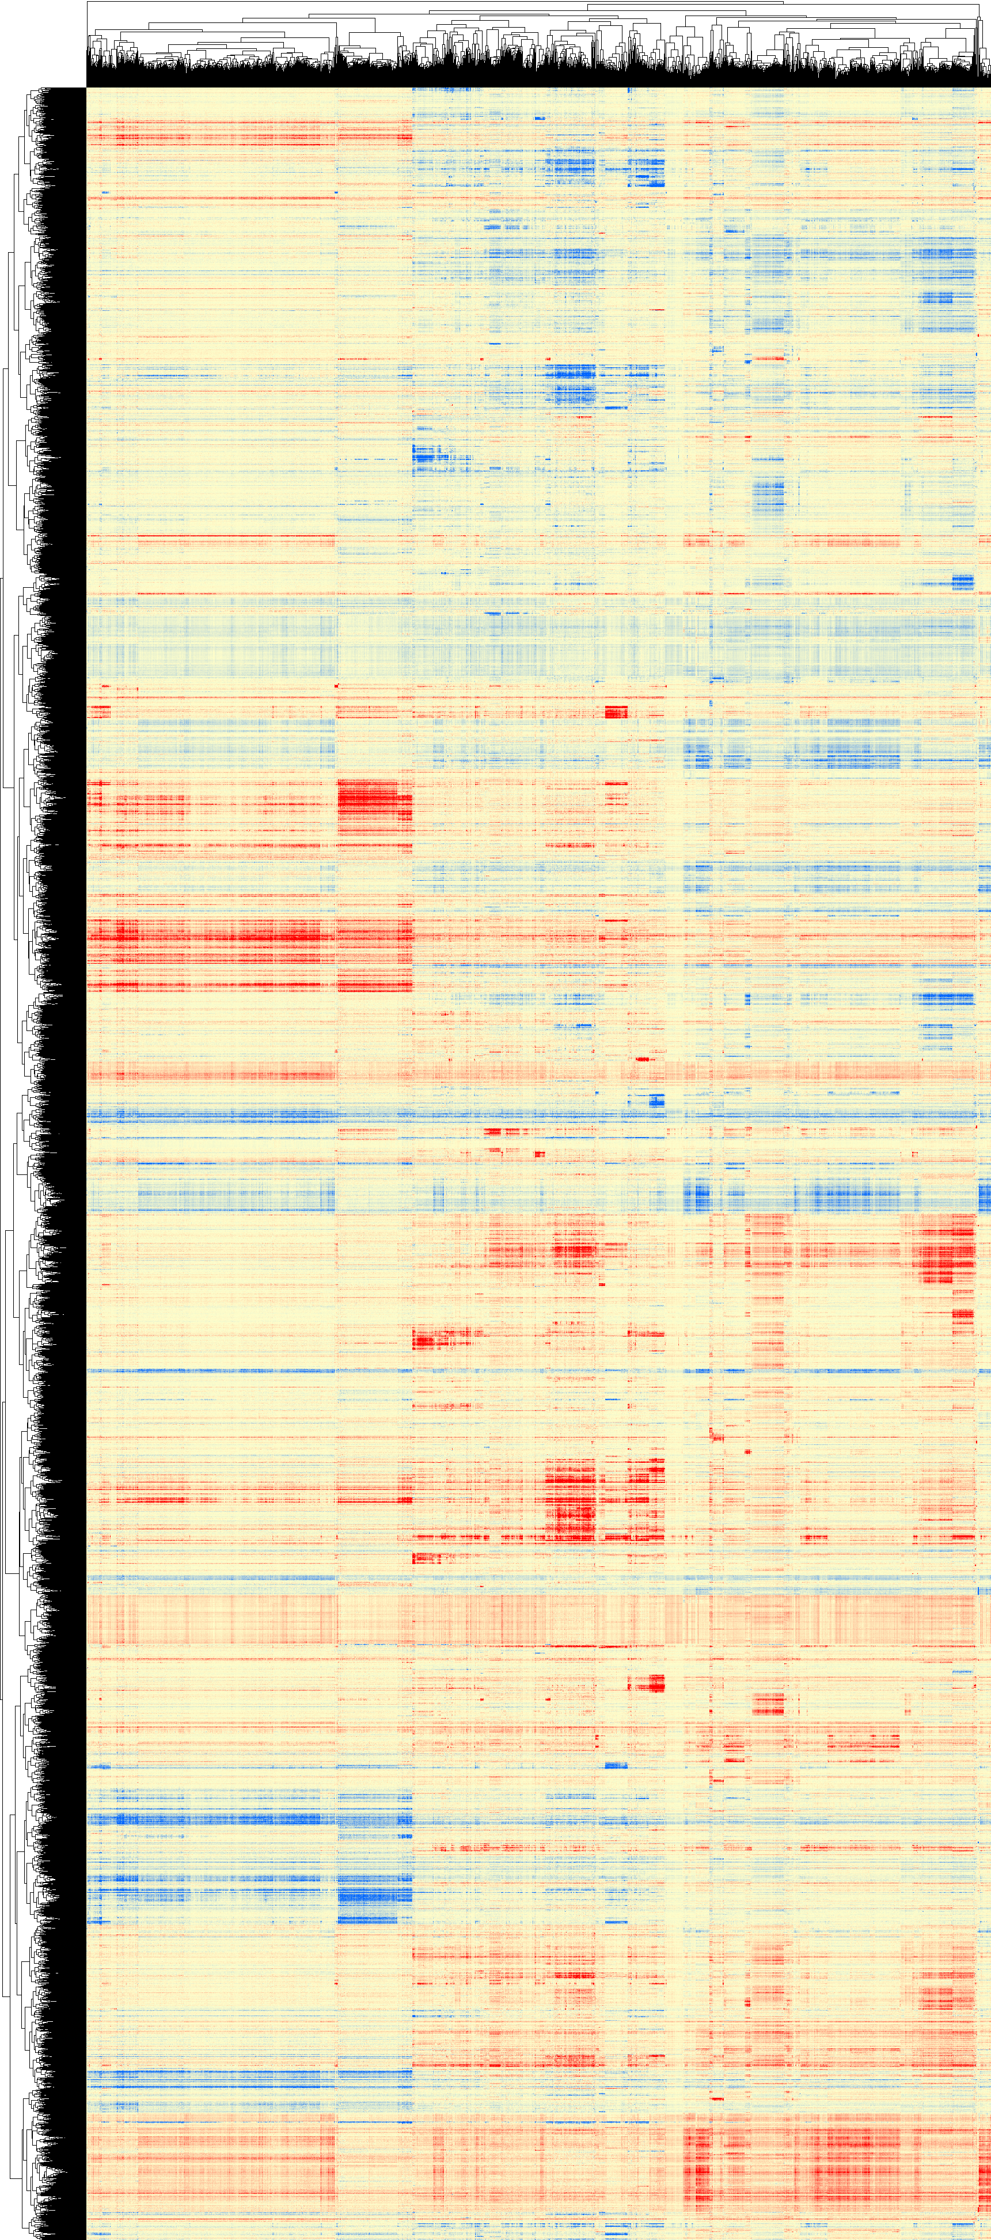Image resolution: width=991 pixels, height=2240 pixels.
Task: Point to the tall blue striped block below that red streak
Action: pos(768,496)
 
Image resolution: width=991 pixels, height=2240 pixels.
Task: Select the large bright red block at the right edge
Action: pos(948,1252)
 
